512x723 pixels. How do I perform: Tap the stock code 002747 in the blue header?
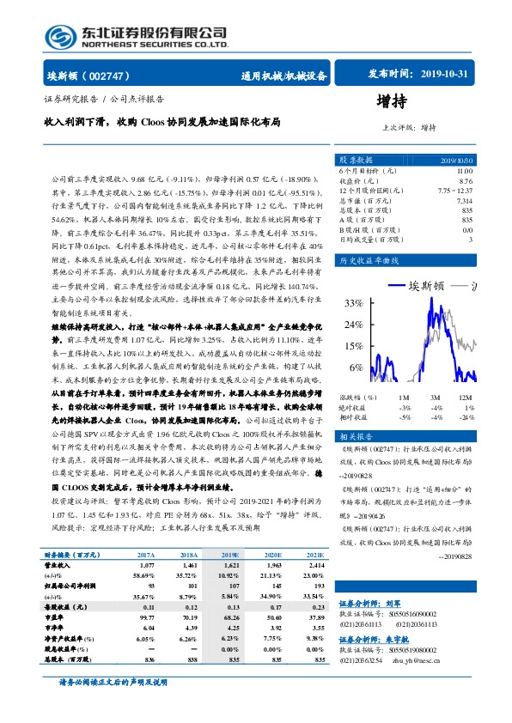point(113,75)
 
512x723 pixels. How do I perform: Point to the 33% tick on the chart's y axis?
point(353,303)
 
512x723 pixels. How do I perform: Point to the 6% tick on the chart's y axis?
point(356,367)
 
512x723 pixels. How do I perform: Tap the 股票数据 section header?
point(356,160)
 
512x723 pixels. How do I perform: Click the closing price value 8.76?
point(466,181)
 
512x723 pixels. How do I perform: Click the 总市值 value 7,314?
point(464,200)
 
